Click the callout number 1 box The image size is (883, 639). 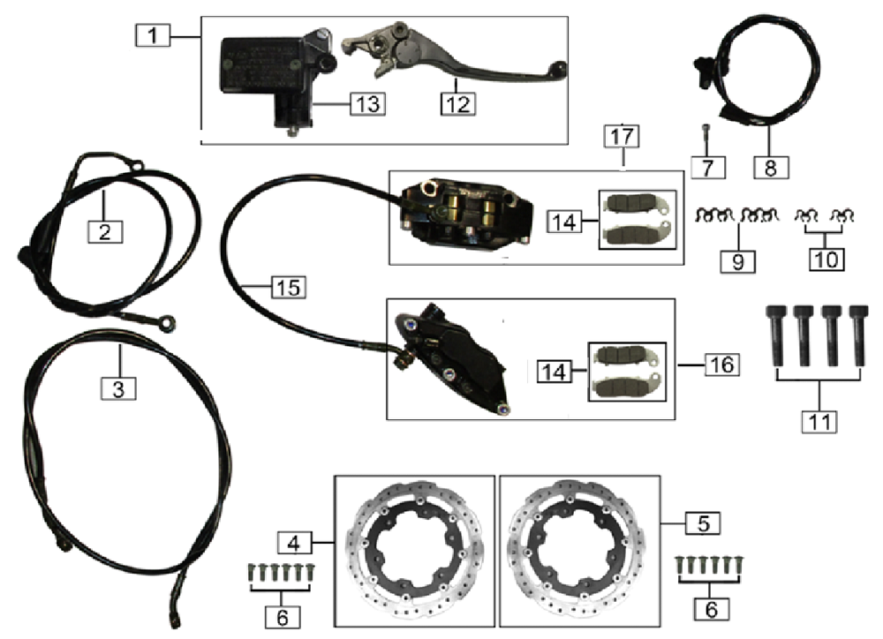pyautogui.click(x=151, y=37)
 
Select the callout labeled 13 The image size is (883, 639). pyautogui.click(x=366, y=103)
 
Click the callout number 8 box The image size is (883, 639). pyautogui.click(x=771, y=167)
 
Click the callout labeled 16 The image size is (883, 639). pyautogui.click(x=721, y=363)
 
